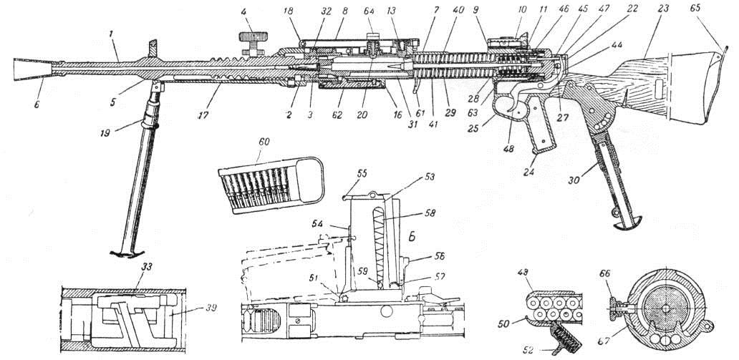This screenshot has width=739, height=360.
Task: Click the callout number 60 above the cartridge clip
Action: (x=264, y=142)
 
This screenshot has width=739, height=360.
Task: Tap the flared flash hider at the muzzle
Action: (x=33, y=69)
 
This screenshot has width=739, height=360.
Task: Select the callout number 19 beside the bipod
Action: (x=105, y=132)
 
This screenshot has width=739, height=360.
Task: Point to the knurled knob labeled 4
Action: (x=253, y=37)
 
